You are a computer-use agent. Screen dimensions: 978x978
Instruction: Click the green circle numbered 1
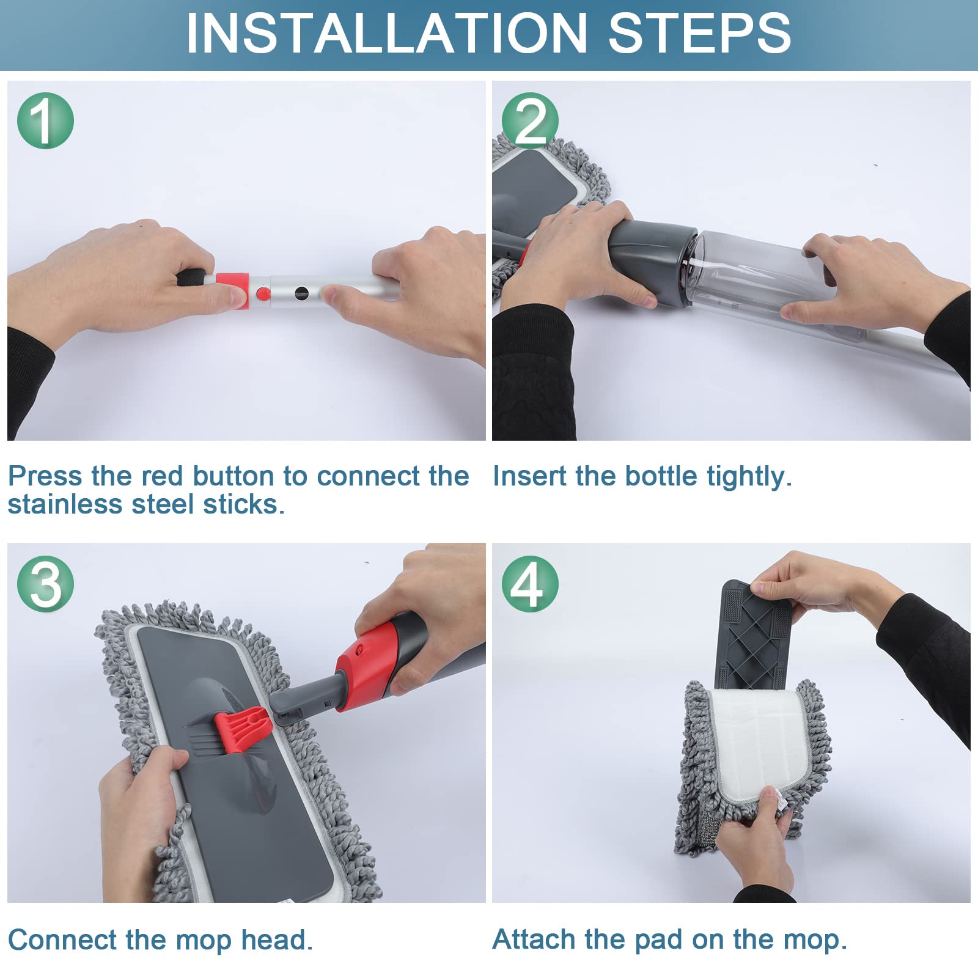(45, 120)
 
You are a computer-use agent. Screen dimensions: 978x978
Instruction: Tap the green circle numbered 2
(530, 120)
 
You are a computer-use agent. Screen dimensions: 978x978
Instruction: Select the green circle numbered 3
(45, 584)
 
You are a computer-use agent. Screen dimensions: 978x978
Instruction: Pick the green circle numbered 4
(530, 584)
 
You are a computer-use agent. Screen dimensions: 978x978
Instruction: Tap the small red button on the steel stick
(263, 294)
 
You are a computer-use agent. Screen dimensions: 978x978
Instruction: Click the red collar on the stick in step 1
(232, 291)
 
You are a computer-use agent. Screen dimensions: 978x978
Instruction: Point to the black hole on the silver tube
(302, 293)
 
